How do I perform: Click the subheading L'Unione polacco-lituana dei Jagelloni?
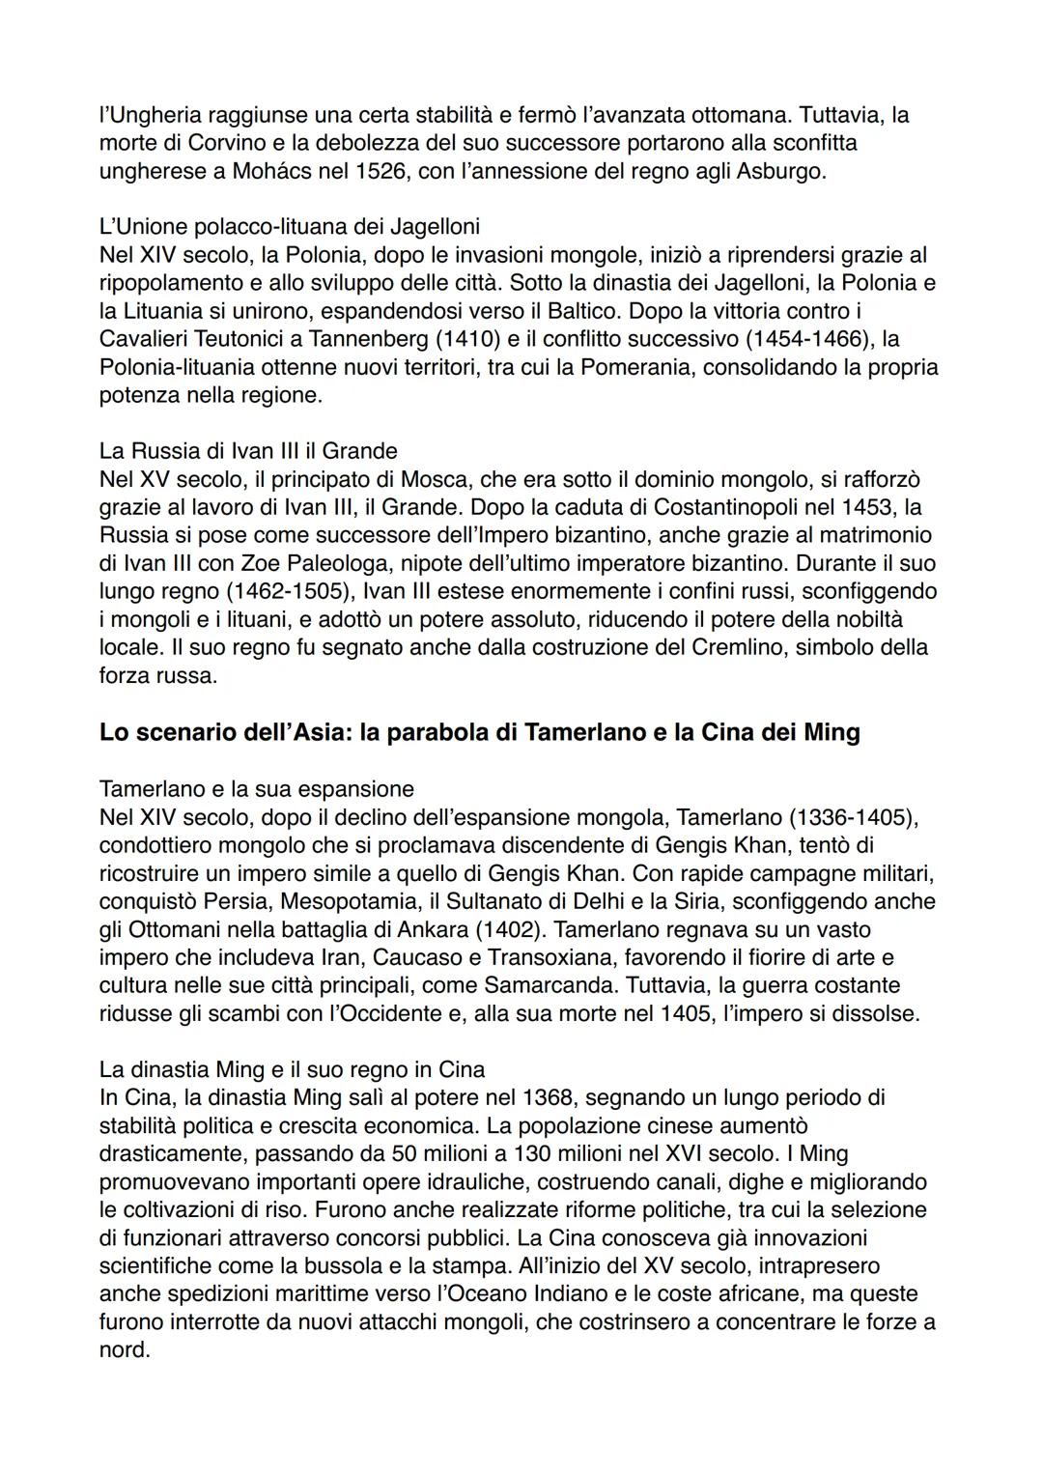tap(289, 227)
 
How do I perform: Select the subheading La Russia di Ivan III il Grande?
tap(248, 451)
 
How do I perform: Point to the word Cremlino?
tap(736, 647)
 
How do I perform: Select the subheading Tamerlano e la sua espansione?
tap(256, 789)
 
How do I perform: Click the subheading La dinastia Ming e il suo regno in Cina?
tap(292, 1070)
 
